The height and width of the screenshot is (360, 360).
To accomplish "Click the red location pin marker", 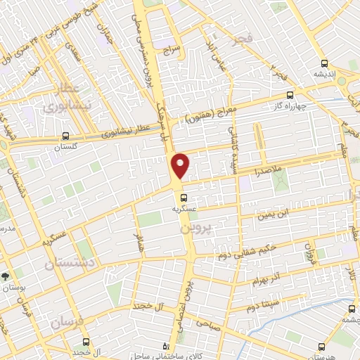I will click(181, 165).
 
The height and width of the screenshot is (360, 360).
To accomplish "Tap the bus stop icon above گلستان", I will click(65, 136).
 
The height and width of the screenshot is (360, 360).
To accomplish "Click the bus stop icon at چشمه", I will click(352, 308).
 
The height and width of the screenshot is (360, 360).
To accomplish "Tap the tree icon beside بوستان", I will click(6, 276).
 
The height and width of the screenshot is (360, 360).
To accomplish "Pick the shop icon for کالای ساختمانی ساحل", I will click(166, 346).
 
